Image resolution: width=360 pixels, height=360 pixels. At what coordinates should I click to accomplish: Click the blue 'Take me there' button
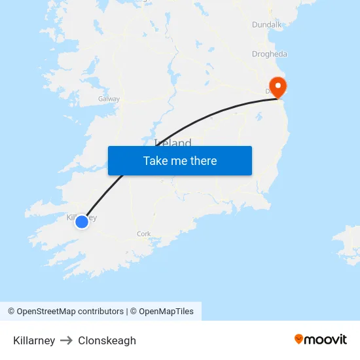(x=179, y=160)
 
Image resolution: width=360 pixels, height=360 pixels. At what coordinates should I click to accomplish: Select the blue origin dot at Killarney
(x=82, y=222)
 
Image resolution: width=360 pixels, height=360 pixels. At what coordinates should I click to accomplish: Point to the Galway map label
(x=109, y=99)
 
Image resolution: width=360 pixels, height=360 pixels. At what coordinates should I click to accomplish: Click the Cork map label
(x=144, y=234)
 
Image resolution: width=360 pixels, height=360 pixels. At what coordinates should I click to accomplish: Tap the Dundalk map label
(x=266, y=25)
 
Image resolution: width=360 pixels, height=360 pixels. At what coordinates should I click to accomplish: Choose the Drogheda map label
(x=270, y=54)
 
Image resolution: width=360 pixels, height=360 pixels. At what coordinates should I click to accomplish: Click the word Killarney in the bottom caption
(x=34, y=340)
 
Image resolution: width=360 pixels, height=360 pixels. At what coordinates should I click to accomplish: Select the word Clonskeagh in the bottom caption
(x=107, y=340)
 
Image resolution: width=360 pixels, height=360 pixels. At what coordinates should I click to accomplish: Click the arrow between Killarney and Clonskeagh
(x=66, y=340)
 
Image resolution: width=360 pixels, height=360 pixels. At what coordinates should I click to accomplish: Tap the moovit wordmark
(x=325, y=340)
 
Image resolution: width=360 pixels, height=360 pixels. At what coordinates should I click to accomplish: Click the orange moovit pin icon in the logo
(x=299, y=340)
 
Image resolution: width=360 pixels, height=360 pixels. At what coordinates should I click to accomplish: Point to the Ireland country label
(x=173, y=142)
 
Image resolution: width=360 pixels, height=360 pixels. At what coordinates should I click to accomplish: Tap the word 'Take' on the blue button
(x=155, y=160)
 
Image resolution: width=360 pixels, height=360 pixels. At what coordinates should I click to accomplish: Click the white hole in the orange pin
(x=278, y=85)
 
